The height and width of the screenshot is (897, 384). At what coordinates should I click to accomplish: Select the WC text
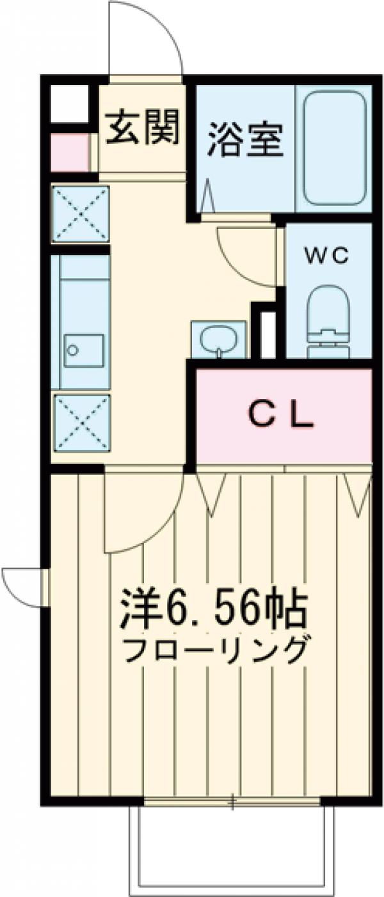pos(326,256)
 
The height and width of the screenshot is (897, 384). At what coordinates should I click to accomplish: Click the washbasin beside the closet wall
pos(219,338)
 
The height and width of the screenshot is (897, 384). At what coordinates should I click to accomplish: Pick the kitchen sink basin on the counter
pos(83,350)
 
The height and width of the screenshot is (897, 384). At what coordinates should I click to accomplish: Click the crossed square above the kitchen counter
pos(81,214)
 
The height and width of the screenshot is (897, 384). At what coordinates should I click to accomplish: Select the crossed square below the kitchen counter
pos(81,423)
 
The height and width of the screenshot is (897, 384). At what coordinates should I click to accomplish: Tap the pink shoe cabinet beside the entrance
pos(70,153)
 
